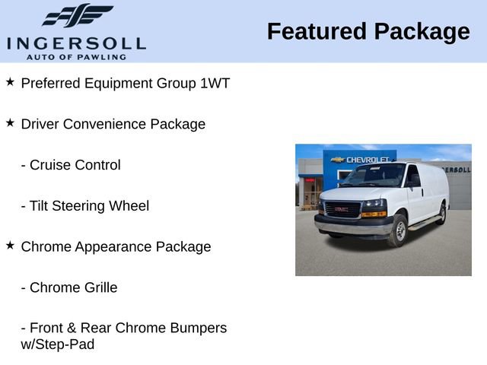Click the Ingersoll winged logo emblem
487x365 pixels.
77,15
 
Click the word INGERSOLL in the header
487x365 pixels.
76,43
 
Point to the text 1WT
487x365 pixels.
215,83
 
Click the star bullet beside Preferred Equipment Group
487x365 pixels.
10,81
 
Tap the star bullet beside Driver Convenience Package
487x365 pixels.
10,122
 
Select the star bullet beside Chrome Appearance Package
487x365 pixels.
10,245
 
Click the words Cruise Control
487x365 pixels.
75,165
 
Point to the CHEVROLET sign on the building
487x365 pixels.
368,160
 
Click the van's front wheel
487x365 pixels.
397,230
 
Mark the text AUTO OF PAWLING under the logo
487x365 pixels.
76,56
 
